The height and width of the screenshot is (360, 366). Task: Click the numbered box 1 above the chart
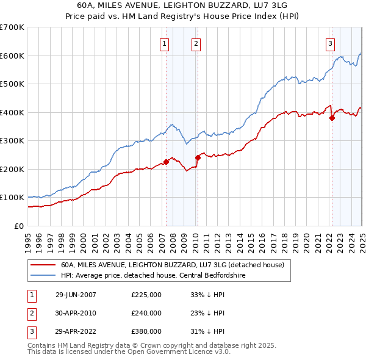click(x=165, y=43)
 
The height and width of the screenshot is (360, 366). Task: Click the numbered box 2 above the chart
click(x=196, y=43)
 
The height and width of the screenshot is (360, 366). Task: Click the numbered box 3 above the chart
click(x=330, y=43)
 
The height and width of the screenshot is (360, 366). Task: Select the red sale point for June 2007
click(x=166, y=162)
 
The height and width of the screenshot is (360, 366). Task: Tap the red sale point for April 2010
click(x=198, y=157)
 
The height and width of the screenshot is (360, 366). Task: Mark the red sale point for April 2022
click(x=332, y=118)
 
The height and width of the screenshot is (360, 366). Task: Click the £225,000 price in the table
click(x=146, y=295)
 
